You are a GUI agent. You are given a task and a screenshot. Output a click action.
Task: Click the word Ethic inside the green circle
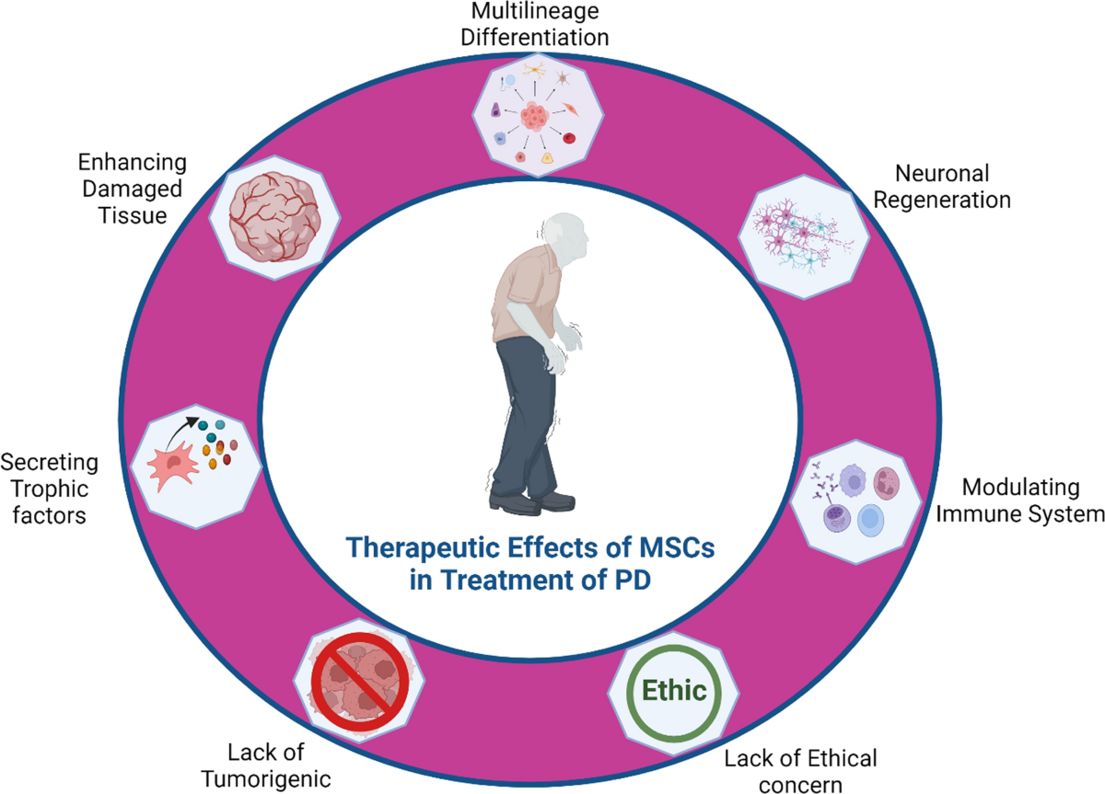tap(676, 689)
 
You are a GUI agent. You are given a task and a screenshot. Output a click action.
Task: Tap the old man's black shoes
tap(532, 502)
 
